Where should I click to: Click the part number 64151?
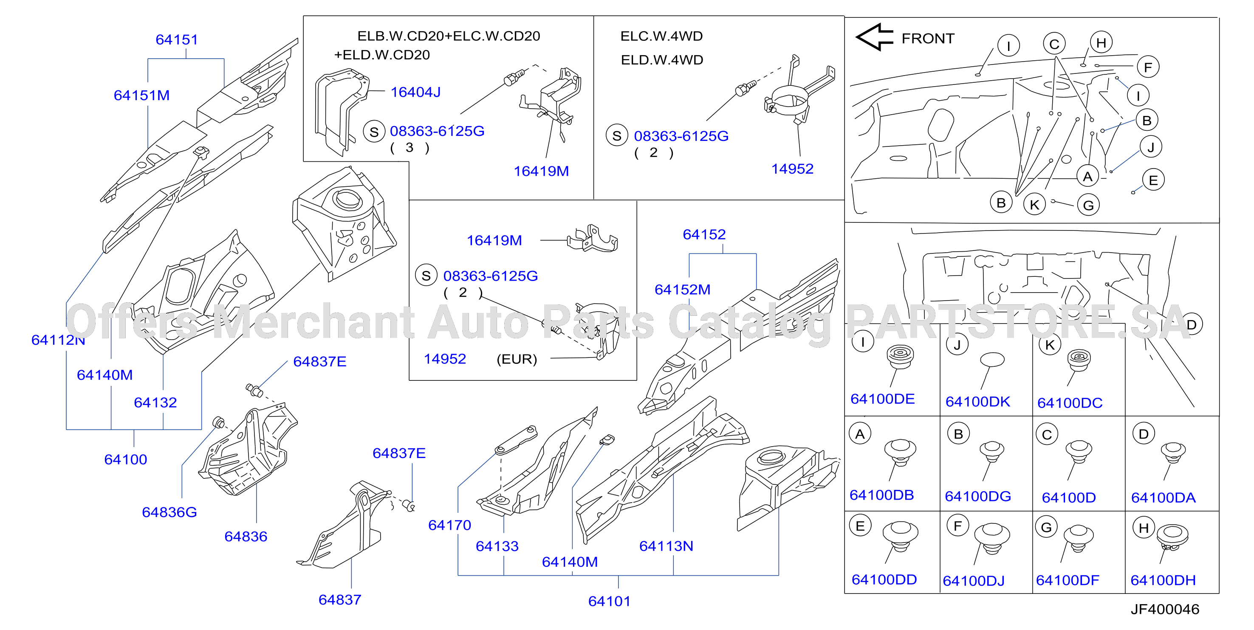(x=177, y=39)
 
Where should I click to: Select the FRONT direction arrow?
(x=874, y=37)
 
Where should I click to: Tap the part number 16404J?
(x=415, y=92)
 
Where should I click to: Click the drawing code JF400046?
(x=1164, y=609)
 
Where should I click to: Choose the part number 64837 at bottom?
(x=340, y=600)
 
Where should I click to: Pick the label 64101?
(x=609, y=601)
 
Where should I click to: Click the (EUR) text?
(x=517, y=359)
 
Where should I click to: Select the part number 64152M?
(x=683, y=290)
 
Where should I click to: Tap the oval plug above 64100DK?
(x=992, y=360)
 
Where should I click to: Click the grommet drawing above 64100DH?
(x=1172, y=537)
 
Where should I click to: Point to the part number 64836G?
(x=169, y=512)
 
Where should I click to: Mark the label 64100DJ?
(x=974, y=581)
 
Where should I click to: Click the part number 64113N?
(x=666, y=546)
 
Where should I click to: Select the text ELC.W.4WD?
(x=661, y=36)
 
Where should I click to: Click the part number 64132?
(x=155, y=402)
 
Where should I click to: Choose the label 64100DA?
(x=1163, y=498)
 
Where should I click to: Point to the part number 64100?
(x=126, y=459)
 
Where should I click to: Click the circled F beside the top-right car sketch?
(x=1148, y=67)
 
